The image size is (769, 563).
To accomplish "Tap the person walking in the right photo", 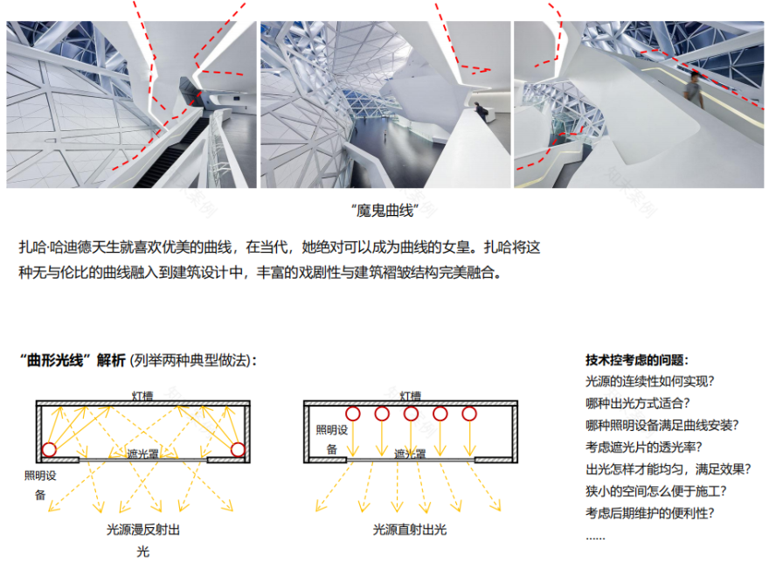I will coord(693,88).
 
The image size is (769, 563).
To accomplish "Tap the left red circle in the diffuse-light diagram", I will coord(49,449).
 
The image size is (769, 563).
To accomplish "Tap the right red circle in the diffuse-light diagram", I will coord(238,449).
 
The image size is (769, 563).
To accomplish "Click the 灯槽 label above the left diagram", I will coord(143,396).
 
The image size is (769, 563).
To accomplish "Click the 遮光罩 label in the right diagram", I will coord(410,454).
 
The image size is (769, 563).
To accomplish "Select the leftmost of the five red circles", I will coord(353,414).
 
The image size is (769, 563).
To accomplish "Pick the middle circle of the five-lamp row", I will coord(411,414).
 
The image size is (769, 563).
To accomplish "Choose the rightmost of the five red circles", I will coord(469,414).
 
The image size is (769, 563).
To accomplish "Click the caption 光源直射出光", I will coord(409,529).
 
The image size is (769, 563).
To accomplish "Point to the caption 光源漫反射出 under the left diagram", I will coord(143,529).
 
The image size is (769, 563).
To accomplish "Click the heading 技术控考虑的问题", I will coord(636,360).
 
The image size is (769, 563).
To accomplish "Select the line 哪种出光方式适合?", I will coord(637,403).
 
